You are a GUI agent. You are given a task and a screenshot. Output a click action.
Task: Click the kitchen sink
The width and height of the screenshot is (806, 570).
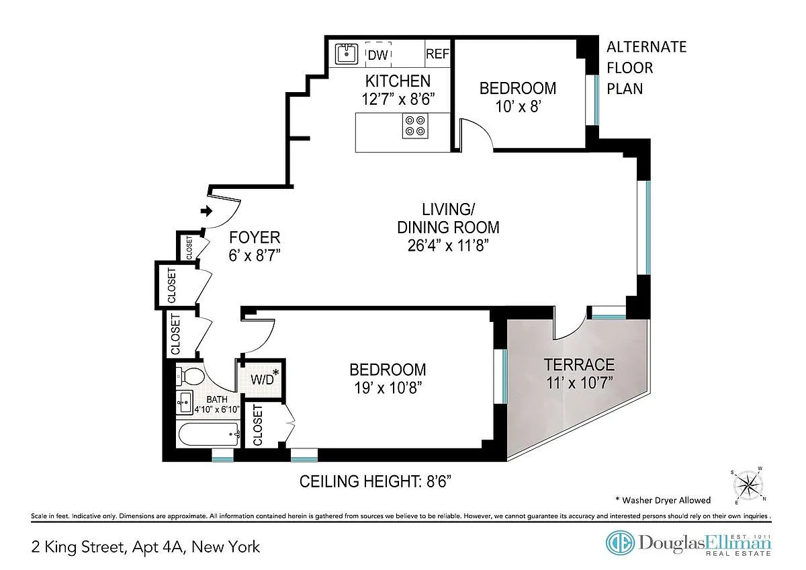click(346, 54)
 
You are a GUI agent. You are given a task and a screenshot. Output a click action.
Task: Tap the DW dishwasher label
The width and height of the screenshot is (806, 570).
click(377, 55)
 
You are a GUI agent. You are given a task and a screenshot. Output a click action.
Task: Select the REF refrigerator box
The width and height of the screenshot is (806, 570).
click(437, 54)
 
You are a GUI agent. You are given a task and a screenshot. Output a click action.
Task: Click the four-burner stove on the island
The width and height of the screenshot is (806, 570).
click(415, 126)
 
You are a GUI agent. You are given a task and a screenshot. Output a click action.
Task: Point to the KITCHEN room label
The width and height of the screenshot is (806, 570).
click(398, 81)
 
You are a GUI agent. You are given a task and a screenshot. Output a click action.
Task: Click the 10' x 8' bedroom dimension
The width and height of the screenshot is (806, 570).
click(518, 107)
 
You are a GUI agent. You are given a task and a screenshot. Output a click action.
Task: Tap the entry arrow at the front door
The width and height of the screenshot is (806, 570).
click(207, 211)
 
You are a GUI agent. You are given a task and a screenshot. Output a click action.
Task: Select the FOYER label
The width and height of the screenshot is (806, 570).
click(255, 238)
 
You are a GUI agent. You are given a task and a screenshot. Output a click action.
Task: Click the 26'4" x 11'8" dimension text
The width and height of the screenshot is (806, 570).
click(448, 245)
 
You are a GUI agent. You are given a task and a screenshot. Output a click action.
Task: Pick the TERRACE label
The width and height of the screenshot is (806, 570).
click(579, 365)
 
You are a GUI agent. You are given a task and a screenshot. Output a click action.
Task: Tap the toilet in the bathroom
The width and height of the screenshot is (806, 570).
click(190, 376)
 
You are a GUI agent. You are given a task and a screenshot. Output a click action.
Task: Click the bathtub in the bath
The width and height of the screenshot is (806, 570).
click(209, 435)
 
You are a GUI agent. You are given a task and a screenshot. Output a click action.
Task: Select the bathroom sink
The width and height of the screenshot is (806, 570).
click(185, 403)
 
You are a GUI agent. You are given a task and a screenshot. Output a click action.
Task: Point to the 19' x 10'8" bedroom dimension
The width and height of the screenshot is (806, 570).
click(388, 388)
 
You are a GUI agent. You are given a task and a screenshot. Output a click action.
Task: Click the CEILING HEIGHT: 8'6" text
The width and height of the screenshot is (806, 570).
click(375, 481)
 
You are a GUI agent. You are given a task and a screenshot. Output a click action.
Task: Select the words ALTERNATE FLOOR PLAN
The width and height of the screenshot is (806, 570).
click(647, 68)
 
